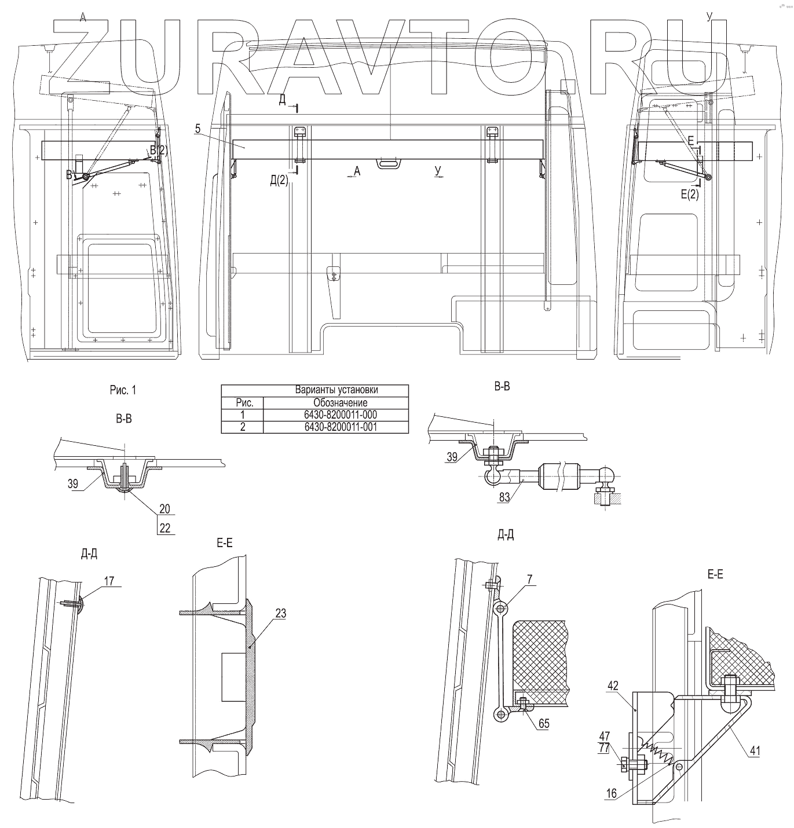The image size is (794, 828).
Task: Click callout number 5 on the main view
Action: click(197, 129)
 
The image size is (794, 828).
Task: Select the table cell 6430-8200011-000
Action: click(341, 415)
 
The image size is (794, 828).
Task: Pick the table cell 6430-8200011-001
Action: click(341, 427)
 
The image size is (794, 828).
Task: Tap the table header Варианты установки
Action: click(336, 390)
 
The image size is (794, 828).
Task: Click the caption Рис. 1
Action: click(123, 390)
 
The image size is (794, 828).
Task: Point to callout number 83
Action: click(504, 497)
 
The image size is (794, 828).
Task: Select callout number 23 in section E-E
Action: click(281, 613)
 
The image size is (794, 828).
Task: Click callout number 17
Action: click(109, 581)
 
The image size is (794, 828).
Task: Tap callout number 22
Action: click(164, 528)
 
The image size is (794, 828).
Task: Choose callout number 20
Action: click(164, 508)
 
